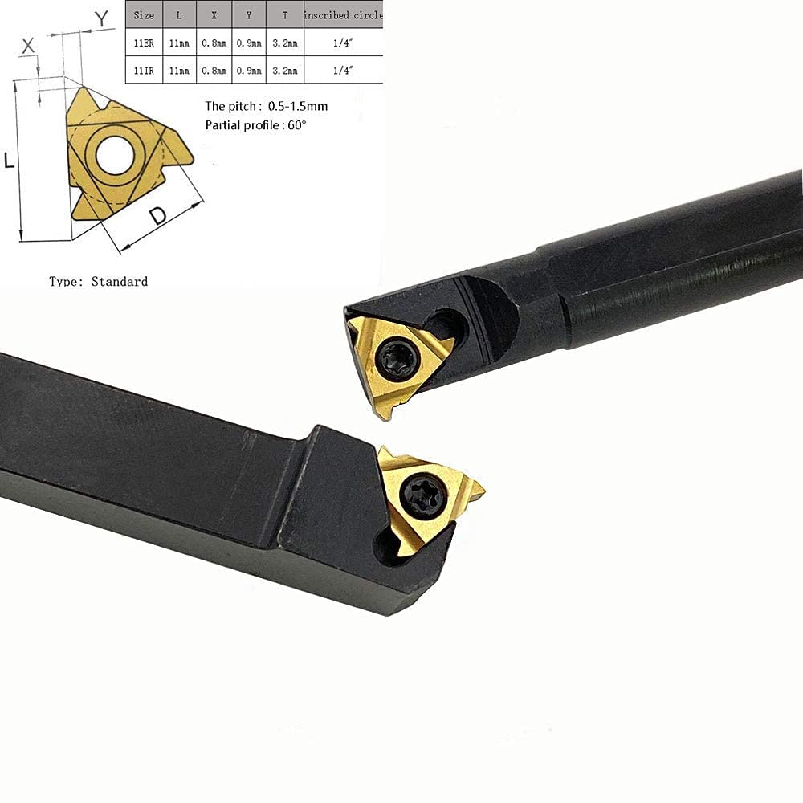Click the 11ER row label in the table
coord(145,41)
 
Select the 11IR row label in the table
coord(145,70)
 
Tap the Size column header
coord(145,14)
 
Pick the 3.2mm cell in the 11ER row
coord(285,41)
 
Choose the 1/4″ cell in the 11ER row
coord(343,41)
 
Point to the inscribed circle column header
coord(344,14)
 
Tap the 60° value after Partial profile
coord(296,125)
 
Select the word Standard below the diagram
coord(119,281)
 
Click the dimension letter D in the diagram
coord(158,216)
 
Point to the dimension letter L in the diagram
coord(10,161)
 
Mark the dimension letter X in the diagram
coord(28,47)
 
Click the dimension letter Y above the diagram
coord(101,18)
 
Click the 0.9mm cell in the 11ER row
coord(249,41)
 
